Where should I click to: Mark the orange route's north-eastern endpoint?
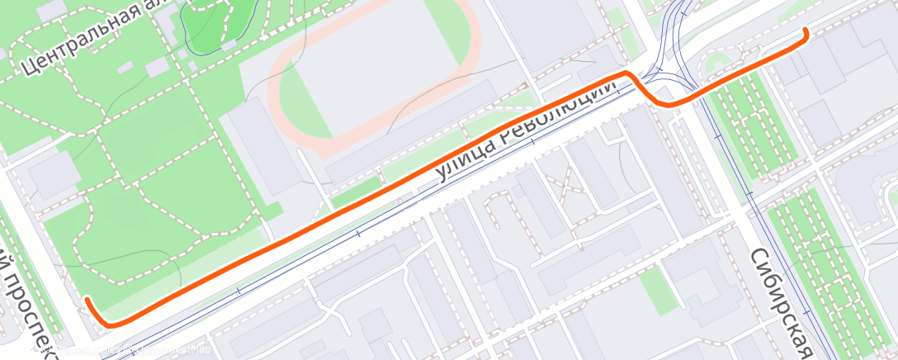click(805, 31)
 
